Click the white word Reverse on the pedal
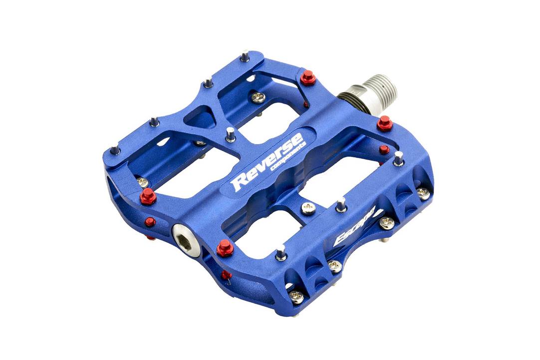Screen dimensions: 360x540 (x=267, y=161)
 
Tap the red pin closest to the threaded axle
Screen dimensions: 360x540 (x=384, y=123)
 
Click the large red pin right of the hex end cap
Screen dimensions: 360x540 (x=225, y=247)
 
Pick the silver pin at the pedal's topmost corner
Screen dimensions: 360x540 (x=244, y=56)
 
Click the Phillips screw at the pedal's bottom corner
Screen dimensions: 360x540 (x=296, y=297)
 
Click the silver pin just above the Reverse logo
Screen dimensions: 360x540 (x=230, y=134)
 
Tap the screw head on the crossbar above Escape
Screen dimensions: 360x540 (x=308, y=208)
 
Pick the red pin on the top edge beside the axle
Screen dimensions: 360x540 (x=308, y=78)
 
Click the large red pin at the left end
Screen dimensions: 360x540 (x=148, y=196)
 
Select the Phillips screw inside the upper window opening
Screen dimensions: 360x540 (x=258, y=97)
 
